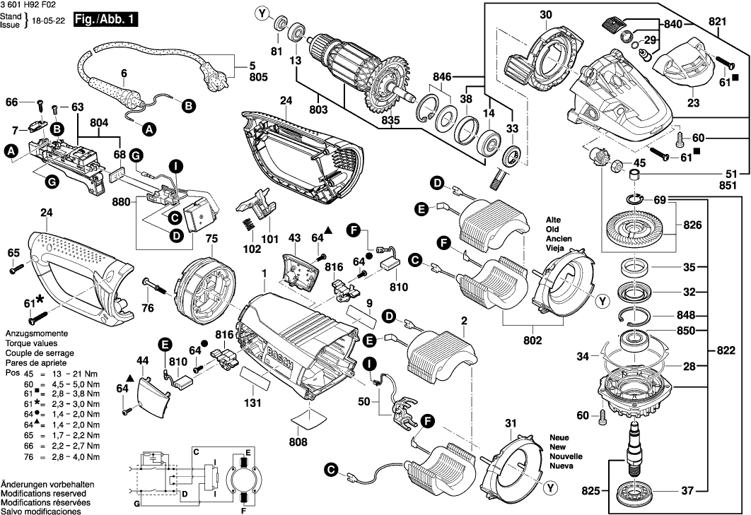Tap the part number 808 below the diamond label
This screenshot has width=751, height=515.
[299, 442]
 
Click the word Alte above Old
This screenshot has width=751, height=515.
[554, 220]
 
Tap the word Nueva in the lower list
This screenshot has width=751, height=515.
[561, 467]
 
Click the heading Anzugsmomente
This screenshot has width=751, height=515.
[36, 333]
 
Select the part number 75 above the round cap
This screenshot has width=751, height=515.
[211, 239]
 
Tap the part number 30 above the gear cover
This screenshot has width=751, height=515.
[545, 15]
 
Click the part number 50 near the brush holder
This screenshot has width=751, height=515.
[365, 401]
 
